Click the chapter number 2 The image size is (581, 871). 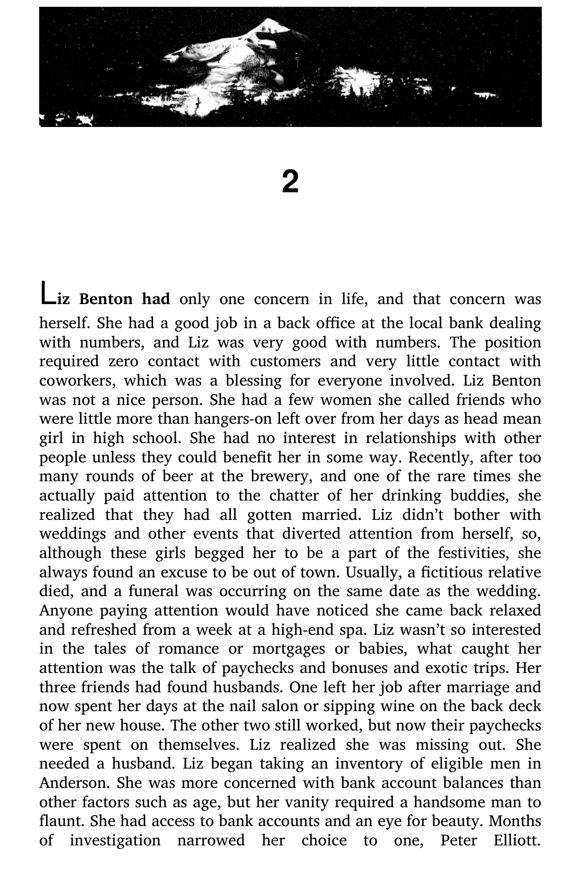(x=290, y=182)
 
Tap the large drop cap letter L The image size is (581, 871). (x=47, y=293)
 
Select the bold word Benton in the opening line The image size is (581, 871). (x=106, y=299)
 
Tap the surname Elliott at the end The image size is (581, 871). (x=516, y=841)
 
